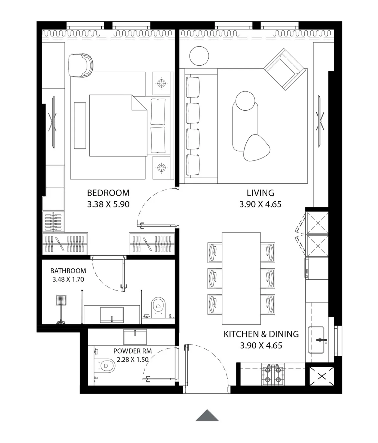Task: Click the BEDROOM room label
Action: click(108, 193)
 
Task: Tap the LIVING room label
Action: click(260, 193)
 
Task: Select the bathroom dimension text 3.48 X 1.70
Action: click(68, 279)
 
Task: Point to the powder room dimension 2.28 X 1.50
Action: click(133, 359)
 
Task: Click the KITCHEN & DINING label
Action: click(261, 334)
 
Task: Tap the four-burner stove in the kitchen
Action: click(273, 374)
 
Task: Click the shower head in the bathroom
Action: click(61, 300)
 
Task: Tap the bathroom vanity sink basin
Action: click(112, 315)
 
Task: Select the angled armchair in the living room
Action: click(284, 69)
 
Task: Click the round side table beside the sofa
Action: click(199, 56)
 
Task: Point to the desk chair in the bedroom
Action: click(81, 65)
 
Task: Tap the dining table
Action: click(241, 278)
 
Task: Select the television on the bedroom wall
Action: click(53, 122)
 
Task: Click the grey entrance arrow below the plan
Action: click(207, 415)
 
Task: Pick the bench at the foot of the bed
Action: click(80, 125)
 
